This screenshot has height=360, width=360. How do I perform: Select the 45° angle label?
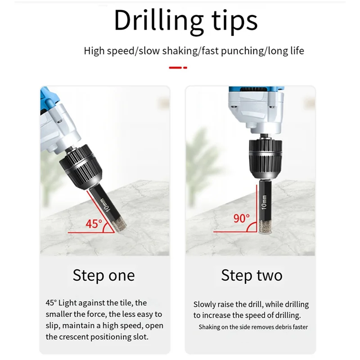pyautogui.click(x=94, y=224)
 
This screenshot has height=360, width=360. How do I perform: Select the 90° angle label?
pyautogui.click(x=241, y=218)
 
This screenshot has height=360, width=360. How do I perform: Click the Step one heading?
pyautogui.click(x=103, y=275)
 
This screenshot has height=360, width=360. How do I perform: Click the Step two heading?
pyautogui.click(x=252, y=275)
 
